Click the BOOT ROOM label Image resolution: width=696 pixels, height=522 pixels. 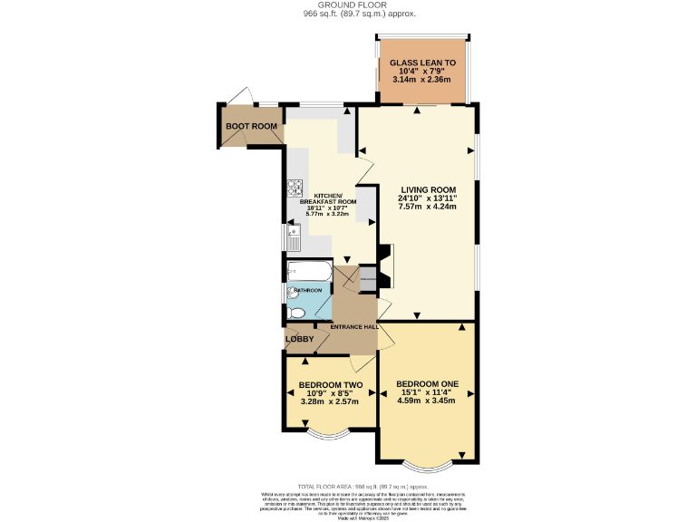(251, 126)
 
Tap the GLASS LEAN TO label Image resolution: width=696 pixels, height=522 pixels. (421, 63)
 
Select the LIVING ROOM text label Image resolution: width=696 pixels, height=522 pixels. (427, 189)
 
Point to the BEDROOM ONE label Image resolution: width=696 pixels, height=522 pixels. (427, 384)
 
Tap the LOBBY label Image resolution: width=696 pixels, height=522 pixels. (300, 340)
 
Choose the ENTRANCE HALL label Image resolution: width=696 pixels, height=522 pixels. (353, 327)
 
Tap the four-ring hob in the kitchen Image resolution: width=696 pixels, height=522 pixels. (295, 188)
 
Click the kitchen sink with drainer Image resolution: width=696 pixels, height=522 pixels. (293, 237)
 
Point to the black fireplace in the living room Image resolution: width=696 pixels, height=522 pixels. (385, 264)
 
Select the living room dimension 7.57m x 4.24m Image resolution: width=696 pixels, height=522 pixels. (427, 207)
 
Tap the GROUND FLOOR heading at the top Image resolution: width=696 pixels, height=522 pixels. (348, 5)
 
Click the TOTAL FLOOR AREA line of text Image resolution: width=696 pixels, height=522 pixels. (348, 486)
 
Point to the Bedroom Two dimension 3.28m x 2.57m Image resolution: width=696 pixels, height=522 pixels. (331, 404)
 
